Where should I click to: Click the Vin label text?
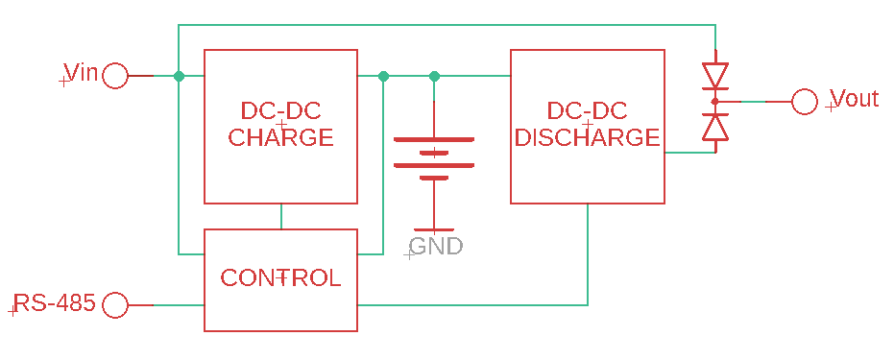click(x=81, y=73)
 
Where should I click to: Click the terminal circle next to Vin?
click(x=115, y=76)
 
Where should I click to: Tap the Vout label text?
click(x=854, y=99)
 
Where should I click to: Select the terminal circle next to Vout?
click(x=805, y=101)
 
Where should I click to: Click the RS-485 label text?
click(x=55, y=304)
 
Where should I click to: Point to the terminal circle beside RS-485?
click(x=115, y=305)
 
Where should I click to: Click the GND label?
click(x=437, y=247)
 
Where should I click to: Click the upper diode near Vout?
click(x=714, y=75)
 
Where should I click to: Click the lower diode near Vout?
click(x=714, y=127)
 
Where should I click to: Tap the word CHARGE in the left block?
click(x=280, y=137)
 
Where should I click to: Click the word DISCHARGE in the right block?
click(x=587, y=137)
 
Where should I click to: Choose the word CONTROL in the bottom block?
click(x=280, y=278)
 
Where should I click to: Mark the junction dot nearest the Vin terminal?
click(x=179, y=76)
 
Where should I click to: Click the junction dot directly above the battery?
click(x=434, y=76)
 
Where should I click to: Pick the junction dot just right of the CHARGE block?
click(x=383, y=76)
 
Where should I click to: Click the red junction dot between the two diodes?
click(x=714, y=101)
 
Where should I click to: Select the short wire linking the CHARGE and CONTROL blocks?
click(x=280, y=216)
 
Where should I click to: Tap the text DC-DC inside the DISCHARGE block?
click(x=587, y=110)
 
